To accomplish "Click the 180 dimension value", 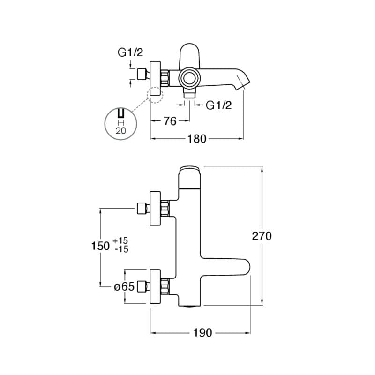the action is (196, 139).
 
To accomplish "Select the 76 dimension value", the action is (170, 121).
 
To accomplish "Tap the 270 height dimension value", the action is (262, 236).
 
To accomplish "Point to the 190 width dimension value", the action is (202, 333).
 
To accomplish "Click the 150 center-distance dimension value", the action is (100, 246).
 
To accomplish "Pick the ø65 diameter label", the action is (124, 286).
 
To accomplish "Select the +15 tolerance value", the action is (120, 240).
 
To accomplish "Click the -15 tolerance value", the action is (121, 249).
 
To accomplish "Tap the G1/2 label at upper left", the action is (130, 52).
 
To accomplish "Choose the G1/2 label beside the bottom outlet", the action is (219, 105).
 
